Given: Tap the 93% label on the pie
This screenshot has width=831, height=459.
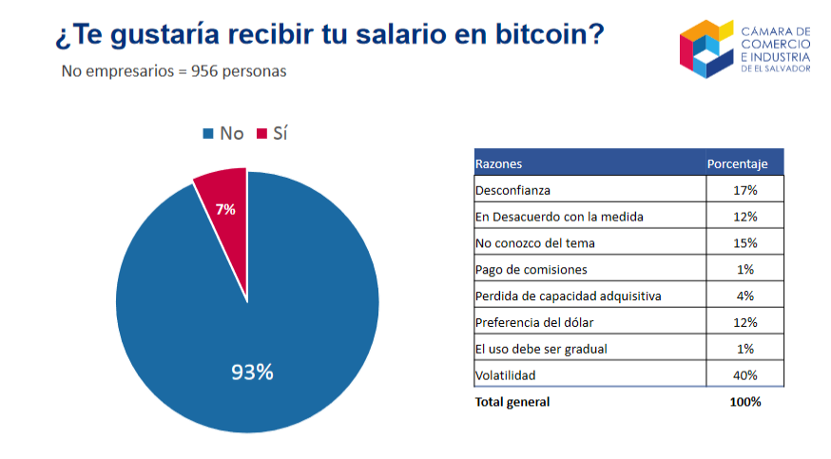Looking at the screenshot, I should pyautogui.click(x=252, y=373).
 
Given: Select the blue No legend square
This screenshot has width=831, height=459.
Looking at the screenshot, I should pyautogui.click(x=208, y=134).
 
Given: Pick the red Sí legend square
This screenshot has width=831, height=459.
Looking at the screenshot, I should pyautogui.click(x=261, y=134).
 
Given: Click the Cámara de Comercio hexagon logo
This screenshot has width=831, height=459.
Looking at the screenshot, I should pyautogui.click(x=706, y=48).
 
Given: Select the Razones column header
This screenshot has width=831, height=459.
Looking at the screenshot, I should pyautogui.click(x=499, y=163).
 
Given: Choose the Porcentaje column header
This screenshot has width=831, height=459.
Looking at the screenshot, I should pyautogui.click(x=737, y=163).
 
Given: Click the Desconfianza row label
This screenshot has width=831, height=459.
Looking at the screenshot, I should pyautogui.click(x=512, y=190).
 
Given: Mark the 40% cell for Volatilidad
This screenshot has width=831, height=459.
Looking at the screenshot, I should pyautogui.click(x=744, y=375).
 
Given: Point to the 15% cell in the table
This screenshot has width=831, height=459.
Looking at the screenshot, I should pyautogui.click(x=744, y=243).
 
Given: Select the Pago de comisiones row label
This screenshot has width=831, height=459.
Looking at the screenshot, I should pyautogui.click(x=524, y=269).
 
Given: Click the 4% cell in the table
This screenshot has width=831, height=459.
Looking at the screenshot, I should pyautogui.click(x=744, y=296).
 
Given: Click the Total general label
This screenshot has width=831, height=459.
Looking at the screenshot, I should pyautogui.click(x=512, y=402).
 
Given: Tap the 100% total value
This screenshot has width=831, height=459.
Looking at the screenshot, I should pyautogui.click(x=744, y=402).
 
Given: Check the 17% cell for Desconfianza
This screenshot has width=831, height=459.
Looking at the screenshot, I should pyautogui.click(x=744, y=190).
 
